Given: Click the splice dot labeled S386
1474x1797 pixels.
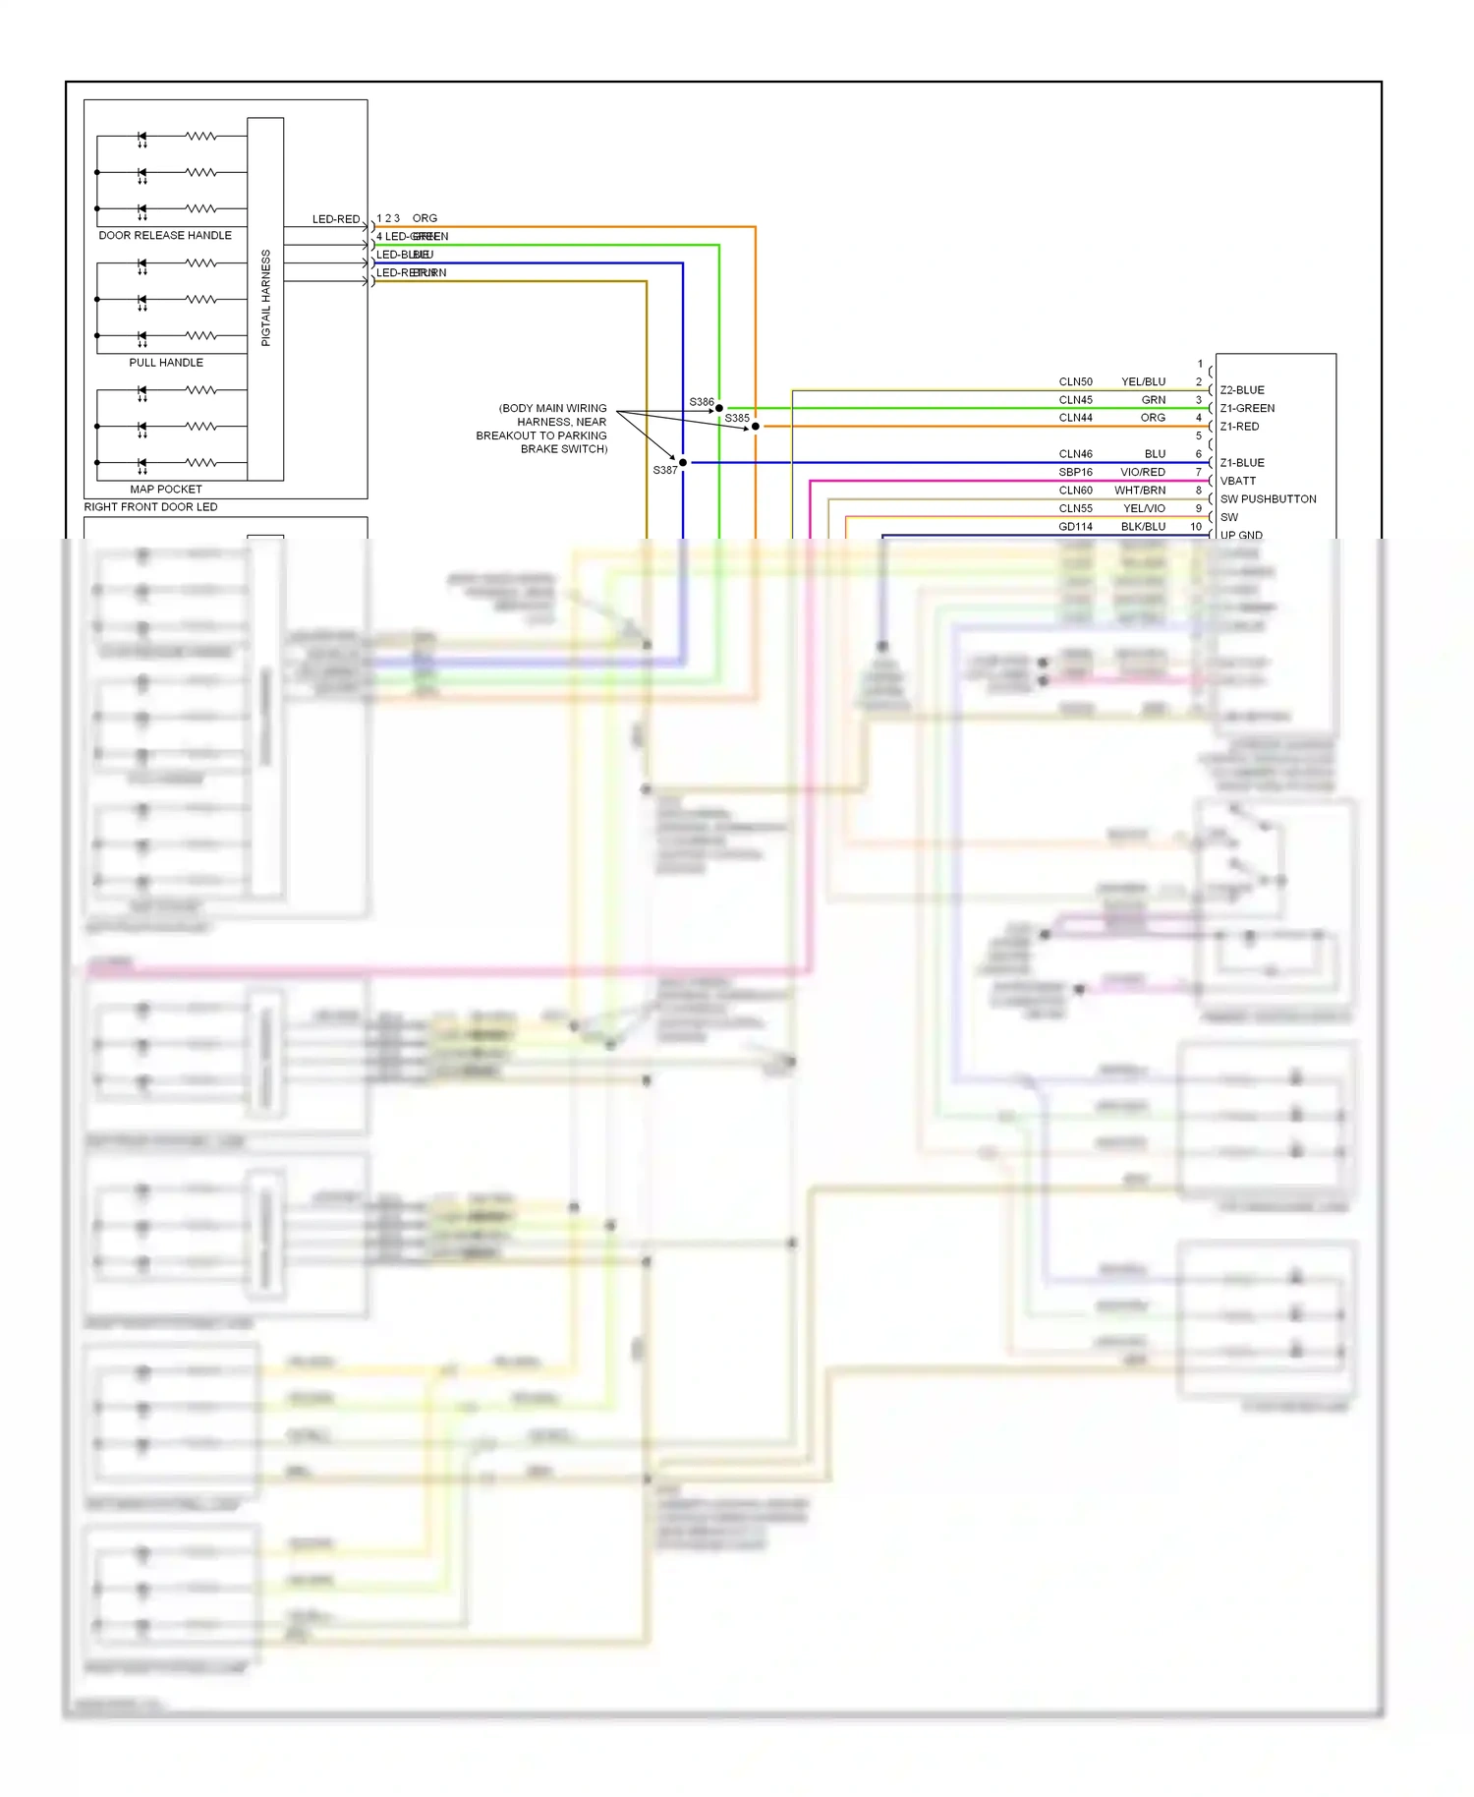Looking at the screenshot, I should (x=719, y=408).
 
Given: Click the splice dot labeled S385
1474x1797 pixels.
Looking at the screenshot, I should (x=755, y=427).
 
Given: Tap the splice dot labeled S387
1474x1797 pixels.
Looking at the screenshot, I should (x=683, y=463).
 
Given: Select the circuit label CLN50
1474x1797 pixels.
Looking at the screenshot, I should (x=1075, y=381).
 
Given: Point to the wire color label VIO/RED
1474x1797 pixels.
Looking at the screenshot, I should (x=1142, y=472).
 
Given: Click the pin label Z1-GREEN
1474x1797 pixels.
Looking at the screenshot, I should (x=1247, y=408).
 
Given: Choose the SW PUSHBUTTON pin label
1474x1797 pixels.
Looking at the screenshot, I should (x=1268, y=499).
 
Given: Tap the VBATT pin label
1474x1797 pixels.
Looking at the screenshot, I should (x=1237, y=481).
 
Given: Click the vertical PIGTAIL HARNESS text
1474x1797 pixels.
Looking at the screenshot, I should (x=265, y=298).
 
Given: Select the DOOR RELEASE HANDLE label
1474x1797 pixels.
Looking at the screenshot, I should (x=165, y=236).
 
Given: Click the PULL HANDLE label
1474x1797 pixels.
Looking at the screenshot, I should (x=166, y=363).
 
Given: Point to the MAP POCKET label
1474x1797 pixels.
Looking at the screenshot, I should (x=166, y=490).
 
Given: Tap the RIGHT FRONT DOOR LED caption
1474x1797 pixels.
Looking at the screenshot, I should (x=150, y=507).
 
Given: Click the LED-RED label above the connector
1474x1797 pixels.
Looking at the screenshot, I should (x=336, y=219).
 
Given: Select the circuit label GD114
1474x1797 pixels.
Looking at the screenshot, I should (x=1075, y=527).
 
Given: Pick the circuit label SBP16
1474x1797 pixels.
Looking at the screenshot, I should (x=1075, y=472).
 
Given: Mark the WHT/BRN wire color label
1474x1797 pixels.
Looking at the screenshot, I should (x=1140, y=491).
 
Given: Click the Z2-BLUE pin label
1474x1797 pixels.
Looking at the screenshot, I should (x=1242, y=390).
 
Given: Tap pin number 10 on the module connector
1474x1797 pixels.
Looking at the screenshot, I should (x=1196, y=527).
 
